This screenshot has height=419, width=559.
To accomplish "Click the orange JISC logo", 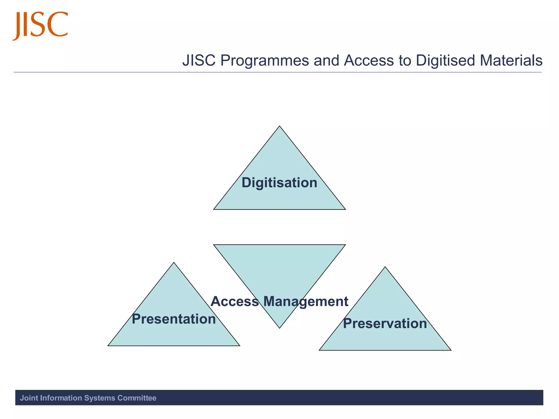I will pos(40,25).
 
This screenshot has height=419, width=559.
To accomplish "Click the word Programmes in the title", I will pos(264,60).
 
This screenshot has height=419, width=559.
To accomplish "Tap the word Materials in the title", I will pos(511,60).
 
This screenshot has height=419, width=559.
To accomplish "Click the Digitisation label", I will pos(279,182).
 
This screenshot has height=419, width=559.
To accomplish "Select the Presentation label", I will pos(174,319).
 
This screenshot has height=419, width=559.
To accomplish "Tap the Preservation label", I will pos(385,324).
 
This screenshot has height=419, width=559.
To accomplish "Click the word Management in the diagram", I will pos(306,301).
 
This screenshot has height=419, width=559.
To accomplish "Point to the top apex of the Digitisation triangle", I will pos(279,126).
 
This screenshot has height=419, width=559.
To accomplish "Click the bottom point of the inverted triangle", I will pos(279,328).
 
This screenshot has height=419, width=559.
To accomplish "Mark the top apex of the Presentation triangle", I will pos(174,263).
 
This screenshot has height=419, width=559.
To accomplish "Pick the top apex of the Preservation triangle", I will pos(385,267).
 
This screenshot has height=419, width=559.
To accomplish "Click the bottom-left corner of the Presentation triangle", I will pos(108,346).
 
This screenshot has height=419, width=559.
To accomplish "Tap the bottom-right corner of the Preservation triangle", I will pos(451,350).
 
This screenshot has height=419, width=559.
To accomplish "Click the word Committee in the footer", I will pos(137,398).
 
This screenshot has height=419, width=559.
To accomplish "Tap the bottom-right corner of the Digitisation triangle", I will pos(345,209).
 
